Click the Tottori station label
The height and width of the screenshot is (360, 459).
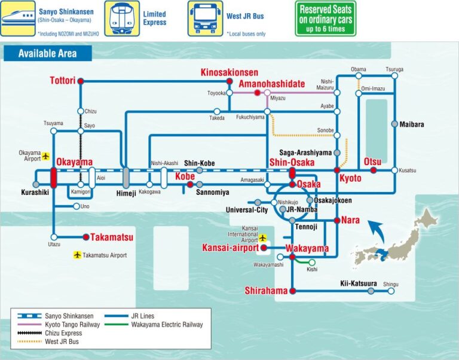62,81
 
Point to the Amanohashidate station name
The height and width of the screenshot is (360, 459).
271,84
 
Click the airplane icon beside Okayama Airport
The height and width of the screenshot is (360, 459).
46,155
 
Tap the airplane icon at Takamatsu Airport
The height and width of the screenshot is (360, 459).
76,255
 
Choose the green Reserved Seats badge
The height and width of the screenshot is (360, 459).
325,18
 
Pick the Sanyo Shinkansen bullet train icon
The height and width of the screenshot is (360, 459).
17,18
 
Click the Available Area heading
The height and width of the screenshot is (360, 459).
48,53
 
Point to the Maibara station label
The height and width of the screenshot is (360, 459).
412,124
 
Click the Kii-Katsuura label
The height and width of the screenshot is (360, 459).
359,283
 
